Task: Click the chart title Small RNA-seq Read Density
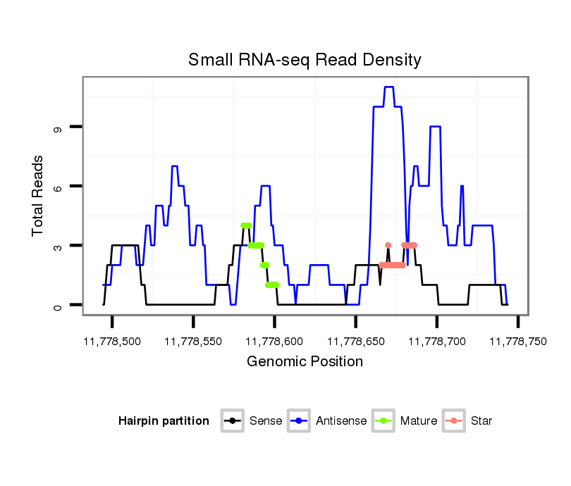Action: click(305, 60)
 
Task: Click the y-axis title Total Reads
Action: click(38, 196)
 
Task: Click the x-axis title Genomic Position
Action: click(305, 362)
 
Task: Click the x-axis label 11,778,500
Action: click(112, 341)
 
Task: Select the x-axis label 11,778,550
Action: click(193, 341)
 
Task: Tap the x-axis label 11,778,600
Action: click(274, 341)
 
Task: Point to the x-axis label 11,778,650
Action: click(355, 341)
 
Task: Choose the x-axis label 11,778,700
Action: click(436, 341)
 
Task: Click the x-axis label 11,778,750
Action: click(517, 341)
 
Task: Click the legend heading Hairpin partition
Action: click(164, 421)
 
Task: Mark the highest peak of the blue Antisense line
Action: click(388, 87)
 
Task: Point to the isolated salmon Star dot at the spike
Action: click(388, 245)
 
